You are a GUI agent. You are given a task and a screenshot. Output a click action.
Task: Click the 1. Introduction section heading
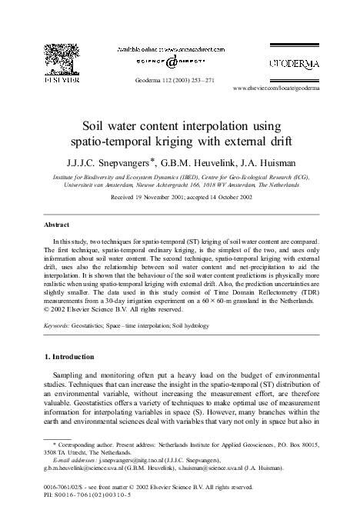coord(72,358)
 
